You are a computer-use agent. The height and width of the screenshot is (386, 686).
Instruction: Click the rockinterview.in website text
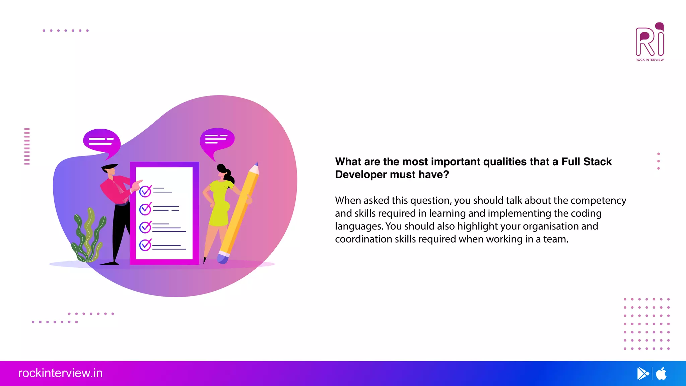pyautogui.click(x=60, y=373)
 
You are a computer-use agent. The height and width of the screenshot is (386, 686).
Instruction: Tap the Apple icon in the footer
pyautogui.click(x=661, y=374)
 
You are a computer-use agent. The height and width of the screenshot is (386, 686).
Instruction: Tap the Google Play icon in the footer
pyautogui.click(x=642, y=374)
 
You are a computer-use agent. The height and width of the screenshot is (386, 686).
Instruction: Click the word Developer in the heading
pyautogui.click(x=361, y=175)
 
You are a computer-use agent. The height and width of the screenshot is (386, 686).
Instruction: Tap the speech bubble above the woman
pyautogui.click(x=217, y=139)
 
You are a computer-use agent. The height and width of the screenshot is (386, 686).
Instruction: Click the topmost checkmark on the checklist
pyautogui.click(x=145, y=191)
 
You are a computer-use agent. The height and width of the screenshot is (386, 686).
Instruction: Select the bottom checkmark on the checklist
pyautogui.click(x=145, y=245)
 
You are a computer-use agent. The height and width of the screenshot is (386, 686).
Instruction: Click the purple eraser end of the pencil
pyautogui.click(x=222, y=258)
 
